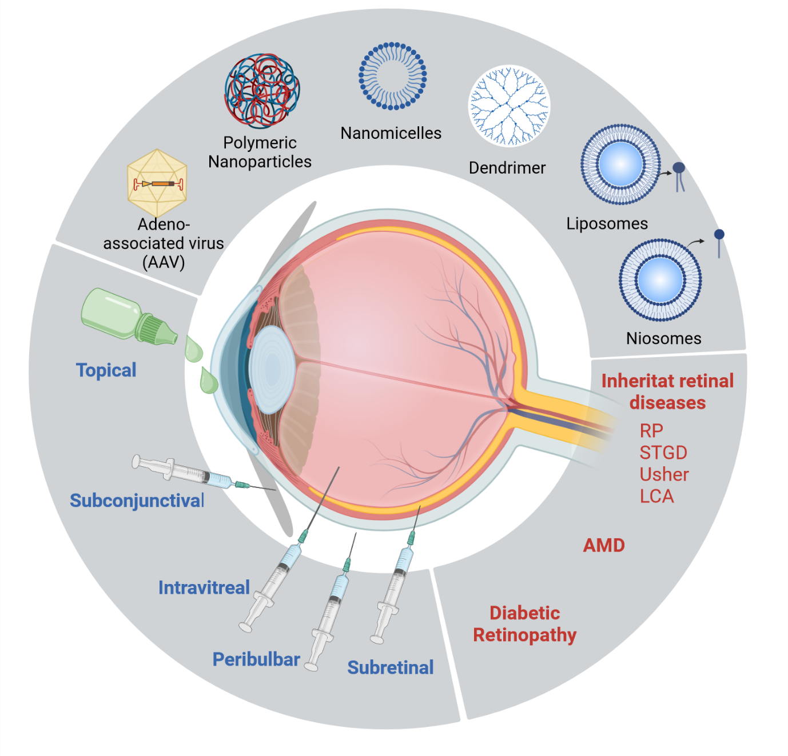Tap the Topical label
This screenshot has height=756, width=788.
(x=106, y=370)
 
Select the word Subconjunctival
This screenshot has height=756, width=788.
(x=137, y=501)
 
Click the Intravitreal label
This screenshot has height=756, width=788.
(x=204, y=587)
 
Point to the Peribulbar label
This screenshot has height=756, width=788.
(x=256, y=659)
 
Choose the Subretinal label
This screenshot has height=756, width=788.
(x=391, y=667)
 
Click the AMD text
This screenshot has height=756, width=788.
(x=604, y=546)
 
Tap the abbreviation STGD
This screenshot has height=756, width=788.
(x=663, y=453)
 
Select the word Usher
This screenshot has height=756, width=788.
(x=664, y=474)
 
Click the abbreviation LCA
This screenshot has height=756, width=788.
(x=656, y=496)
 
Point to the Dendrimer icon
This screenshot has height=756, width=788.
(x=509, y=106)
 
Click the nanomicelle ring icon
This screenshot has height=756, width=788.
(x=392, y=76)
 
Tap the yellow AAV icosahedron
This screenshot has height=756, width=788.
(x=157, y=183)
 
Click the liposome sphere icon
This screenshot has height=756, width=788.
(x=620, y=164)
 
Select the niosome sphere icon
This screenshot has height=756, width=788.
(x=660, y=280)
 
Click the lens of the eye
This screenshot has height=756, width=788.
(x=272, y=369)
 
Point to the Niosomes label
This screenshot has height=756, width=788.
(x=663, y=338)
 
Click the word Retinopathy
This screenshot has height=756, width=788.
(x=524, y=635)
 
